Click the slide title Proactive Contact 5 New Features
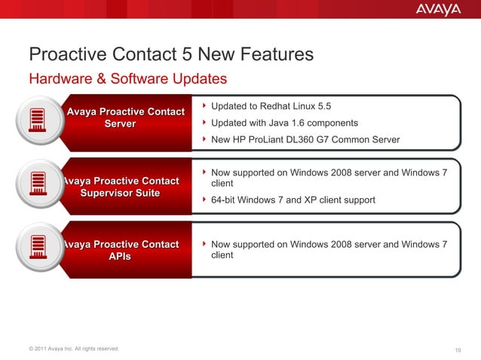pyautogui.click(x=170, y=55)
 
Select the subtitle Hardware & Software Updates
pyautogui.click(x=127, y=78)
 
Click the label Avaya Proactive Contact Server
pyautogui.click(x=126, y=117)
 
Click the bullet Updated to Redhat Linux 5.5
pyautogui.click(x=271, y=106)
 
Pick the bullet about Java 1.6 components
pyautogui.click(x=284, y=123)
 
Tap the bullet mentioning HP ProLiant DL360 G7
pyautogui.click(x=305, y=140)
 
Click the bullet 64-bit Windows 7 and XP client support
pyautogui.click(x=293, y=200)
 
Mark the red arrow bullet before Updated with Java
pyautogui.click(x=204, y=123)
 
